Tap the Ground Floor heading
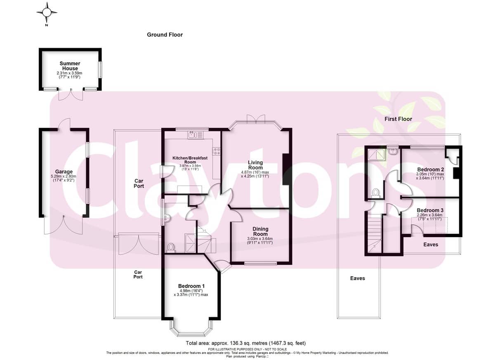click(x=165, y=35)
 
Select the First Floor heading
click(x=398, y=119)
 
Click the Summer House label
click(x=70, y=66)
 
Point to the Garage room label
click(x=64, y=172)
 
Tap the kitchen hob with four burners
click(x=217, y=151)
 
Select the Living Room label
click(x=255, y=165)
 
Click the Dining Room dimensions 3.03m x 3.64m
click(x=260, y=239)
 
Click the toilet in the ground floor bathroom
click(x=171, y=248)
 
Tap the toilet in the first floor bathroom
click(x=375, y=193)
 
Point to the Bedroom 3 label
click(x=430, y=210)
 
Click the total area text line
click(x=246, y=343)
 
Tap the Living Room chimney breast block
click(x=286, y=169)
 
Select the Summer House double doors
click(x=71, y=95)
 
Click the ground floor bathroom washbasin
click(x=167, y=218)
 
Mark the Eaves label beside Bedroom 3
click(x=431, y=245)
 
